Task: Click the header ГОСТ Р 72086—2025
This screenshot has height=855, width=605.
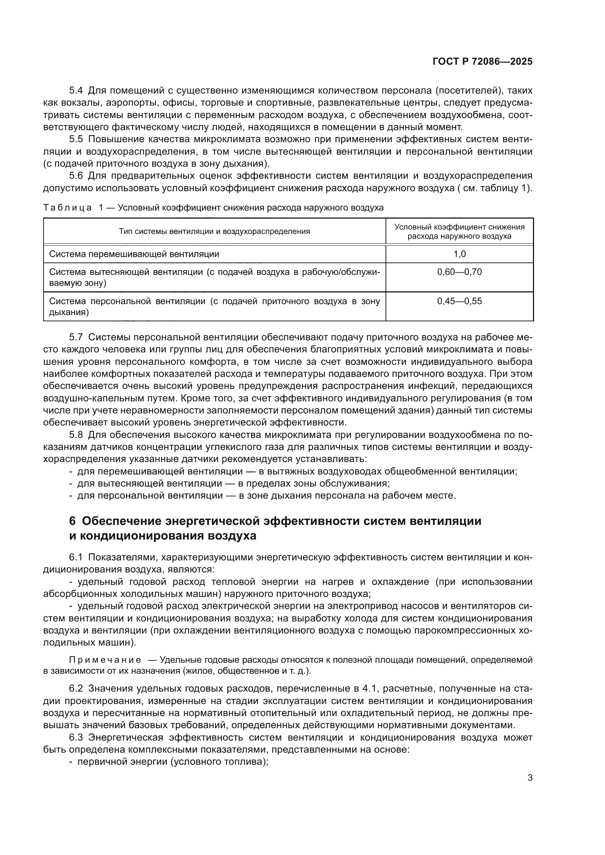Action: point(482,62)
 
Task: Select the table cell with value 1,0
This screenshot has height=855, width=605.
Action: point(459,254)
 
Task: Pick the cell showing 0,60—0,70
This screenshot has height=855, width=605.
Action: point(459,272)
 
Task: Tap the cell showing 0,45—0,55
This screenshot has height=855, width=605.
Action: point(459,301)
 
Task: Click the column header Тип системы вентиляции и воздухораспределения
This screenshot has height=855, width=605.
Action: point(214,231)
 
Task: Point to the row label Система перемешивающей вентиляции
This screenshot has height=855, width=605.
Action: point(134,254)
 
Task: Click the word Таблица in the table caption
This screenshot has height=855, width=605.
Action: point(67,208)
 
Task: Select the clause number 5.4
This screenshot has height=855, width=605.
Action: point(76,91)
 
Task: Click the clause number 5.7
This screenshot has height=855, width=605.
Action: point(76,337)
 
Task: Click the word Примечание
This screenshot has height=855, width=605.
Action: point(105,660)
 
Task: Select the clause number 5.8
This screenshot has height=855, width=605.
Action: point(76,435)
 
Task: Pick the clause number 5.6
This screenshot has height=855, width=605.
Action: point(76,176)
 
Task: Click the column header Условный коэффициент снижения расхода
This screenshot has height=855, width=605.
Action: point(459,231)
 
